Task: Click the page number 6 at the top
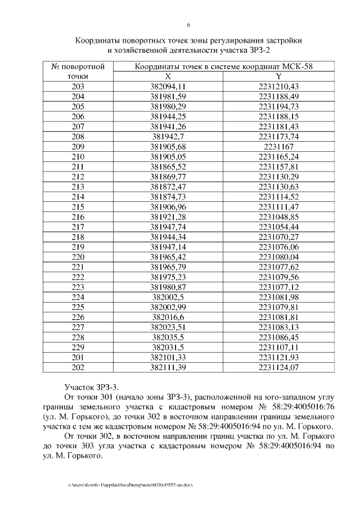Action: pyautogui.click(x=188, y=25)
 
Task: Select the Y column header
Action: pyautogui.click(x=278, y=76)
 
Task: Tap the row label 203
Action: pyautogui.click(x=78, y=86)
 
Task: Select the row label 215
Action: pyautogui.click(x=78, y=207)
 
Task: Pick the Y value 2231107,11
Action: pyautogui.click(x=278, y=348)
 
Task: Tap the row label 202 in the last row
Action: pyautogui.click(x=78, y=368)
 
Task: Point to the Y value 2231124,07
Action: pyautogui.click(x=278, y=368)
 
